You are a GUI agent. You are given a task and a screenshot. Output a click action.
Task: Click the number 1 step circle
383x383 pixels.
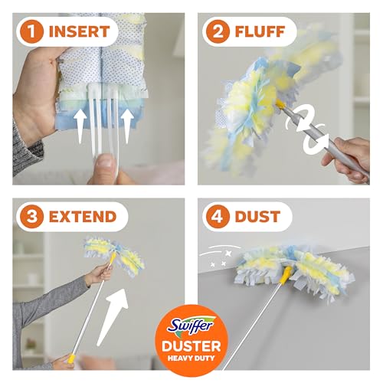pos(31,31)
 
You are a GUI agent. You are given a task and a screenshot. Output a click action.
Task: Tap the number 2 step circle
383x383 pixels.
pos(218,31)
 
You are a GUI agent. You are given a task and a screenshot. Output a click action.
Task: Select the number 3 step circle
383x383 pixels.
pos(31,217)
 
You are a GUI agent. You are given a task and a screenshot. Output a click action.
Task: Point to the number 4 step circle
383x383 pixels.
pos(218,217)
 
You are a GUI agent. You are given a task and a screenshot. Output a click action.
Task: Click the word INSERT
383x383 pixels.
pos(80,31)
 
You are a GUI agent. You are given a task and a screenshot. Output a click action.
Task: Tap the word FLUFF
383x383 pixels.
pos(260,31)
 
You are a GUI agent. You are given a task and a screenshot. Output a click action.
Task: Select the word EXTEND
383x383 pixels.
pos(83,217)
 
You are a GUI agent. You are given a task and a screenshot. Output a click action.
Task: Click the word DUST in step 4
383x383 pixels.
pos(257,217)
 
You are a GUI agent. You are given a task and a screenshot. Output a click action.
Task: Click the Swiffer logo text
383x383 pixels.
pos(191,326)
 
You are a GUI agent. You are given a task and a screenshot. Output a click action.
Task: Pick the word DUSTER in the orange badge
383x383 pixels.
pos(191,346)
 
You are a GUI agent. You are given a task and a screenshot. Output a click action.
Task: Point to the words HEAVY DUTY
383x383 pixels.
pos(191,358)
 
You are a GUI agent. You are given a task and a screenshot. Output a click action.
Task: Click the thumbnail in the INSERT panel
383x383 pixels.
pos(106,163)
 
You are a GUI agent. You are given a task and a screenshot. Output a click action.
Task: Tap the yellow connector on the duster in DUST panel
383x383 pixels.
pos(286,275)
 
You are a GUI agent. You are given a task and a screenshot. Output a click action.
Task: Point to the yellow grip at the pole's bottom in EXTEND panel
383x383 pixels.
pos(71,358)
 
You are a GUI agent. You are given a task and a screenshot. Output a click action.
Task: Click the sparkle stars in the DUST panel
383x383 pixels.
pos(221,258)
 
